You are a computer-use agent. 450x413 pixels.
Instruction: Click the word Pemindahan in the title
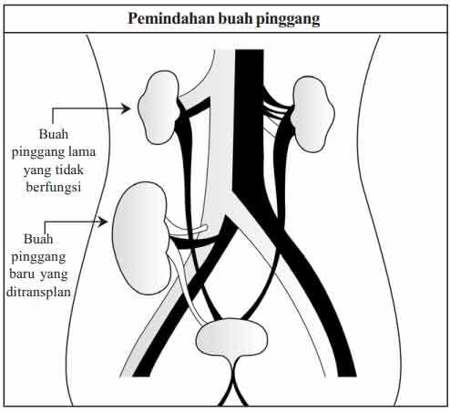(171, 18)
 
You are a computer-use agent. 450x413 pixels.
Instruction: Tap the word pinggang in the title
(288, 19)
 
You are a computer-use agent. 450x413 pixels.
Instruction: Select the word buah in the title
(235, 18)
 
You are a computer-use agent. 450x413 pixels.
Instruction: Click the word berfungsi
(54, 187)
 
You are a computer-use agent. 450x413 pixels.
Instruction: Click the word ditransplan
(38, 292)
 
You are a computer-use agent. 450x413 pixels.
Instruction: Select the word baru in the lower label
(23, 274)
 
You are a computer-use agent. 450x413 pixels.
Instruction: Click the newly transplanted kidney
(140, 238)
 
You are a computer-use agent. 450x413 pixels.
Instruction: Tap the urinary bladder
(232, 337)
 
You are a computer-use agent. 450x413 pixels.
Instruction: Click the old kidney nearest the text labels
(159, 108)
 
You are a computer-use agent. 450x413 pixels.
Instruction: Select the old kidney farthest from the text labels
(312, 114)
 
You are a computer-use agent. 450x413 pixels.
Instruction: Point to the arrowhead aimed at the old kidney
(126, 108)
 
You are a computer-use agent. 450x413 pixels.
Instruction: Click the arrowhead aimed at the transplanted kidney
(103, 222)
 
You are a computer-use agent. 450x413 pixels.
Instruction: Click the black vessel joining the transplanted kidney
(194, 243)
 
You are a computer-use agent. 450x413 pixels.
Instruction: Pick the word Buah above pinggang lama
(54, 134)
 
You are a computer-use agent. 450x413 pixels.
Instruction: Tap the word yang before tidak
(36, 170)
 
